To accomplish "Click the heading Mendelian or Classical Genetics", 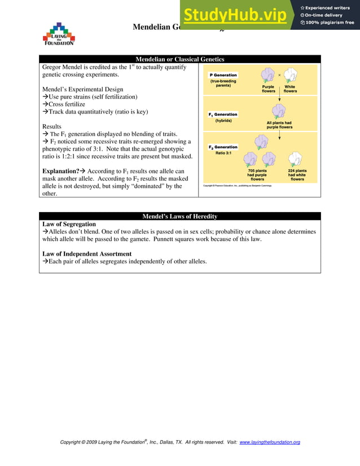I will pos(179,59).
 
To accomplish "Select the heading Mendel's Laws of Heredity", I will pos(179,217).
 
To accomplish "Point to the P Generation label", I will pos(223,75).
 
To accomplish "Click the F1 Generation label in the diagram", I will pos(223,115).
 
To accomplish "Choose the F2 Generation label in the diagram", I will pos(223,147).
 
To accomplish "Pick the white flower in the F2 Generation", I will pos(297,159).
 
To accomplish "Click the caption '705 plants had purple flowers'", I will pos(257,175).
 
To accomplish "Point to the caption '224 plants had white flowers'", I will pos(297,175).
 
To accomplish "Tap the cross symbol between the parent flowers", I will pos(279,74).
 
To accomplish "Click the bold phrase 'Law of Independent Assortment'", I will pos(87,254).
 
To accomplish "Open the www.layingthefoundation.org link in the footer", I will pos(270,442).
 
